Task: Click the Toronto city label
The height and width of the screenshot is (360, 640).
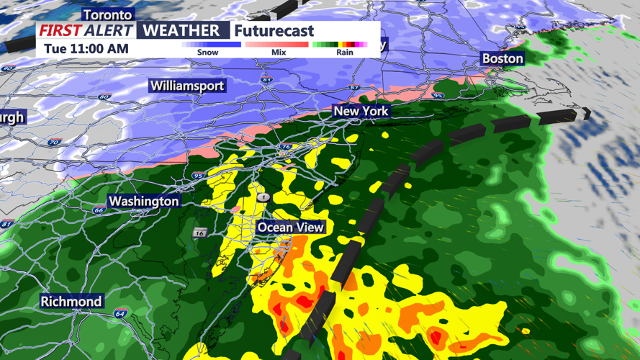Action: coord(108,14)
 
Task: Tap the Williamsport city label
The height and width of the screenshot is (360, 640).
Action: coord(187,86)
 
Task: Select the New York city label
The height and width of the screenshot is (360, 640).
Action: coord(361,111)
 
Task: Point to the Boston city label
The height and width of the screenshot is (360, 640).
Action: coord(502,58)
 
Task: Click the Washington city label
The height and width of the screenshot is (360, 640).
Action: coord(144,201)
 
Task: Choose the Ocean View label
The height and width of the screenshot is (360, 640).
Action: coord(291,228)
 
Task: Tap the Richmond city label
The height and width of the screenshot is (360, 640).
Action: coord(71,301)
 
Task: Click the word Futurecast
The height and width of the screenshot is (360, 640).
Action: coord(274,31)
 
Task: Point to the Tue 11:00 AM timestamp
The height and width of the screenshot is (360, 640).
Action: coord(86,49)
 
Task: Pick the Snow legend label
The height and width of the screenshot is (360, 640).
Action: coord(208,53)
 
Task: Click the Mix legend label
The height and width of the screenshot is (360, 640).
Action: coord(278,53)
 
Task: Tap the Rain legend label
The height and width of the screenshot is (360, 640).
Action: coord(344,53)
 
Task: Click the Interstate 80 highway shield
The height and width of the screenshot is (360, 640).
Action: coord(105,96)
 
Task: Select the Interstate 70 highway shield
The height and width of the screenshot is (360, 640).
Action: coord(53,143)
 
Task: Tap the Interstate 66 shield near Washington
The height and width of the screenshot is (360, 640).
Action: coord(99,210)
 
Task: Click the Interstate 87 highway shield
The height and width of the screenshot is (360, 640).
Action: coord(353,88)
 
